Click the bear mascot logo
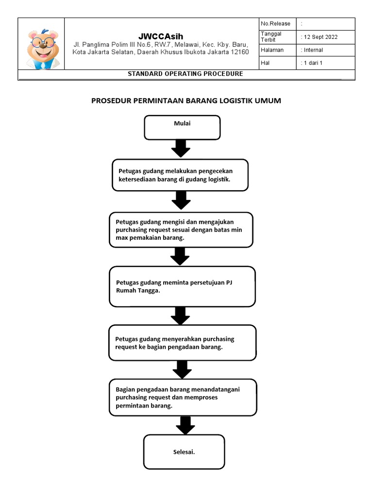43,49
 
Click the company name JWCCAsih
161,36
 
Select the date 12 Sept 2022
321,37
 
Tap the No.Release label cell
277,24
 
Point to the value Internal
313,50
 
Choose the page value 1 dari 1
313,63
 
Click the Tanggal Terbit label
271,36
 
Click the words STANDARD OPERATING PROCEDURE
186,74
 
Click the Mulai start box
182,128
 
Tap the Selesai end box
184,452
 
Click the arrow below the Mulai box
181,148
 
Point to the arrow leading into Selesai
185,425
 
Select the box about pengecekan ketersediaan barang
180,175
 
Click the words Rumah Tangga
138,291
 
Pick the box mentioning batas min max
181,230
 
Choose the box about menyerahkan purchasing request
183,343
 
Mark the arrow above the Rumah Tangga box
180,257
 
